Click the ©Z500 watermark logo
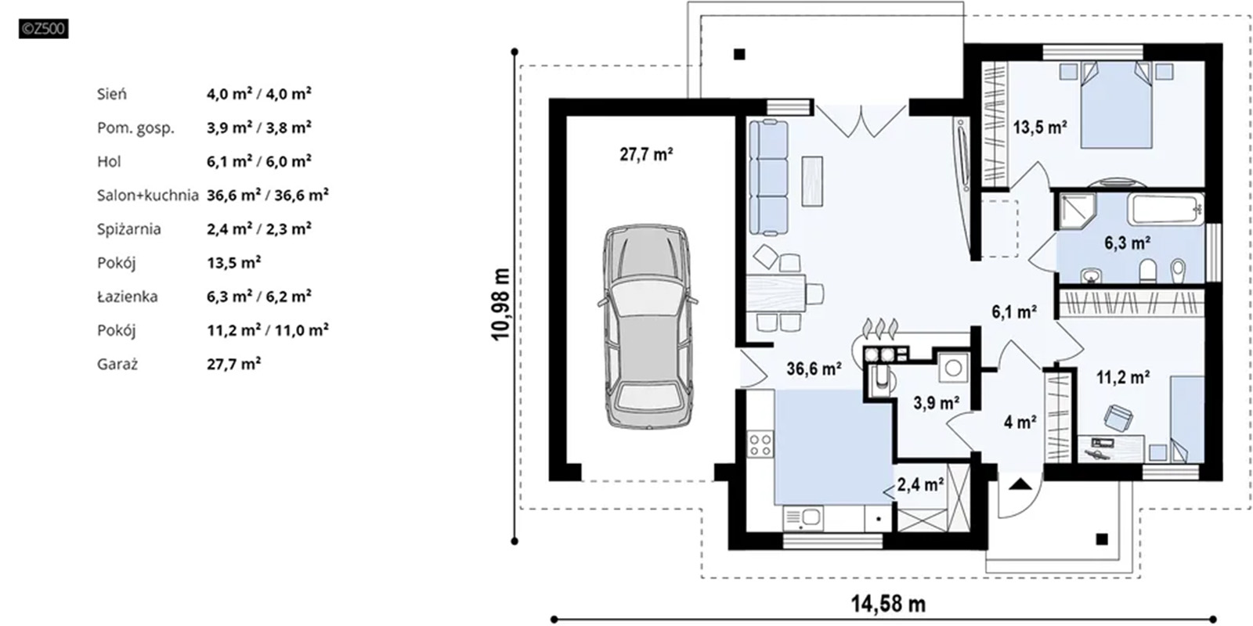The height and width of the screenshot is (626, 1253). [44, 28]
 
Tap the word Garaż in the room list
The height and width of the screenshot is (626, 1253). [117, 365]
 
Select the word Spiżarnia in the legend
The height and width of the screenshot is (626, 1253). [128, 229]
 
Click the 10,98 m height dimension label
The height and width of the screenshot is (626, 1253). [501, 304]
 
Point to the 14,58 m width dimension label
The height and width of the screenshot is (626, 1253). [888, 603]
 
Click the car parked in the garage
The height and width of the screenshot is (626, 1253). [647, 327]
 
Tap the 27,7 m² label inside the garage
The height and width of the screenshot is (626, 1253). [646, 153]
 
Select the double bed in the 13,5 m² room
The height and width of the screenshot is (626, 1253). [1116, 105]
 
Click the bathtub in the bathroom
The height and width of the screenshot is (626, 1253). [1165, 209]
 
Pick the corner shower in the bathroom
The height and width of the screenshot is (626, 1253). [1077, 210]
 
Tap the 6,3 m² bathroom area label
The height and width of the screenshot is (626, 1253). [1127, 243]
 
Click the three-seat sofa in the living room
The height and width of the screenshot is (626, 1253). [768, 177]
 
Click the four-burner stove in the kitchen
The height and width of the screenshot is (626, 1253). [760, 445]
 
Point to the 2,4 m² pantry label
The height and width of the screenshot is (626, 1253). [921, 484]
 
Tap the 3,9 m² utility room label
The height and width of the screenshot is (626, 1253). [937, 402]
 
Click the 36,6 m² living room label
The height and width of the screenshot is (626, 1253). [814, 369]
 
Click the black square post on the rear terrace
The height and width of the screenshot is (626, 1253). [739, 54]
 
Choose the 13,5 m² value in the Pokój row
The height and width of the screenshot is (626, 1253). [234, 263]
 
